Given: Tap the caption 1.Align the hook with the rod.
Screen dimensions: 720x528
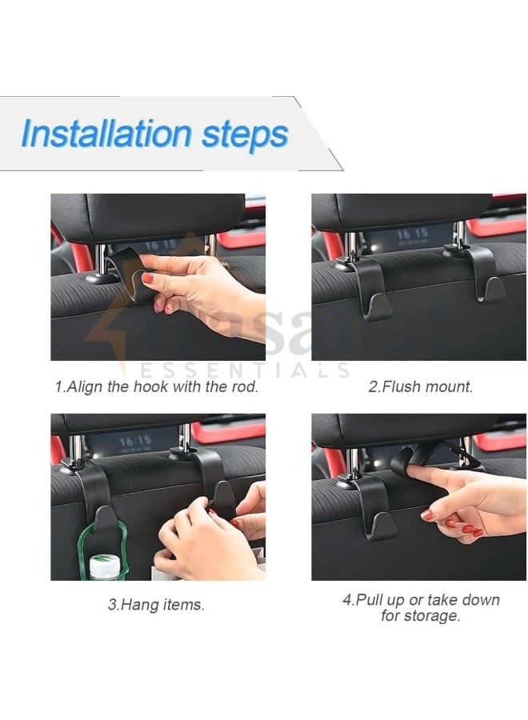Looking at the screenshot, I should tap(156, 386).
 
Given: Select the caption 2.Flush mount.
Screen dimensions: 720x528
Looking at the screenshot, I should tap(420, 386).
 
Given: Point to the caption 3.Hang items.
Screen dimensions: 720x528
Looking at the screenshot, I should tap(156, 605).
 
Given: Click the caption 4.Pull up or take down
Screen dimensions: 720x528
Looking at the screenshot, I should tap(421, 599).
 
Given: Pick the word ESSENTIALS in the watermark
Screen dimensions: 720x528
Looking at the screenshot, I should tap(245, 370).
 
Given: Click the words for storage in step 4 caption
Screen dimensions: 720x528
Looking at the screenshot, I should tap(421, 616).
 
